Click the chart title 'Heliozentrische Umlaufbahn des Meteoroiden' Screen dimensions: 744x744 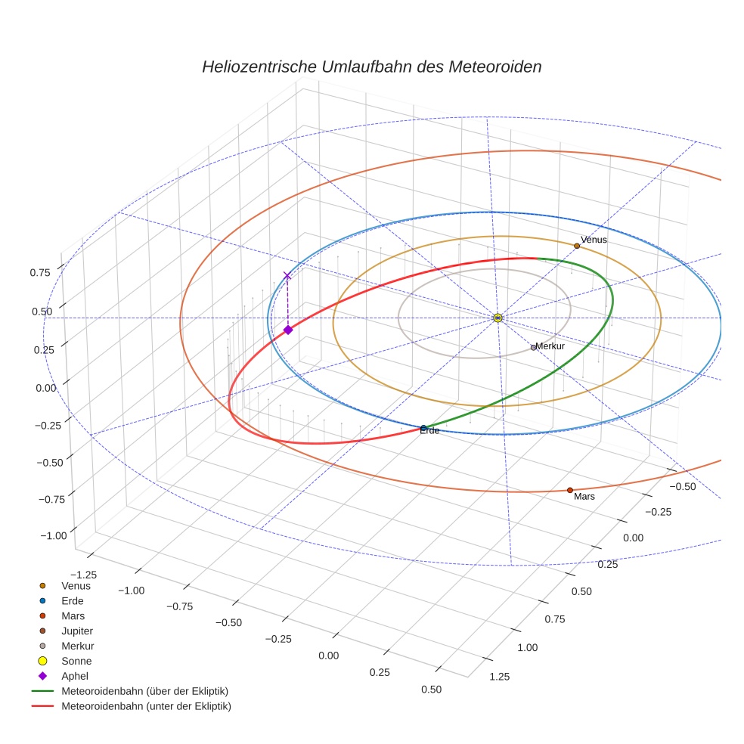(371, 67)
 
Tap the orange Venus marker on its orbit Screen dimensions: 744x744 (577, 246)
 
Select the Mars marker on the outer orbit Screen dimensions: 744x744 (570, 490)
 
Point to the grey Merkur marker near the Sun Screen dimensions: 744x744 (533, 348)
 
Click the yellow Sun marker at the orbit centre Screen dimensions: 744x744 (498, 318)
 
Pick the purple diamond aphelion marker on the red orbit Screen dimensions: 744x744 (288, 330)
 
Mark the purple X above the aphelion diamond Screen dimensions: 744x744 (287, 276)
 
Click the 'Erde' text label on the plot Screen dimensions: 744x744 (429, 431)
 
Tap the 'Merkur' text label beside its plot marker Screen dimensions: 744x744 (550, 346)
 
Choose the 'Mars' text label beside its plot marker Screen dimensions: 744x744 (584, 498)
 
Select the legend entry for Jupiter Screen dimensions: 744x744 (77, 631)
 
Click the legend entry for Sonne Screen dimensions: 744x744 (76, 661)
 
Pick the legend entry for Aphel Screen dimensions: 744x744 (75, 676)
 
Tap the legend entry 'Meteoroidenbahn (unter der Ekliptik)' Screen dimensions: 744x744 (146, 706)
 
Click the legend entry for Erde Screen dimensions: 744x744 (73, 600)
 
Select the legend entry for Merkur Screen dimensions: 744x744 (78, 646)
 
